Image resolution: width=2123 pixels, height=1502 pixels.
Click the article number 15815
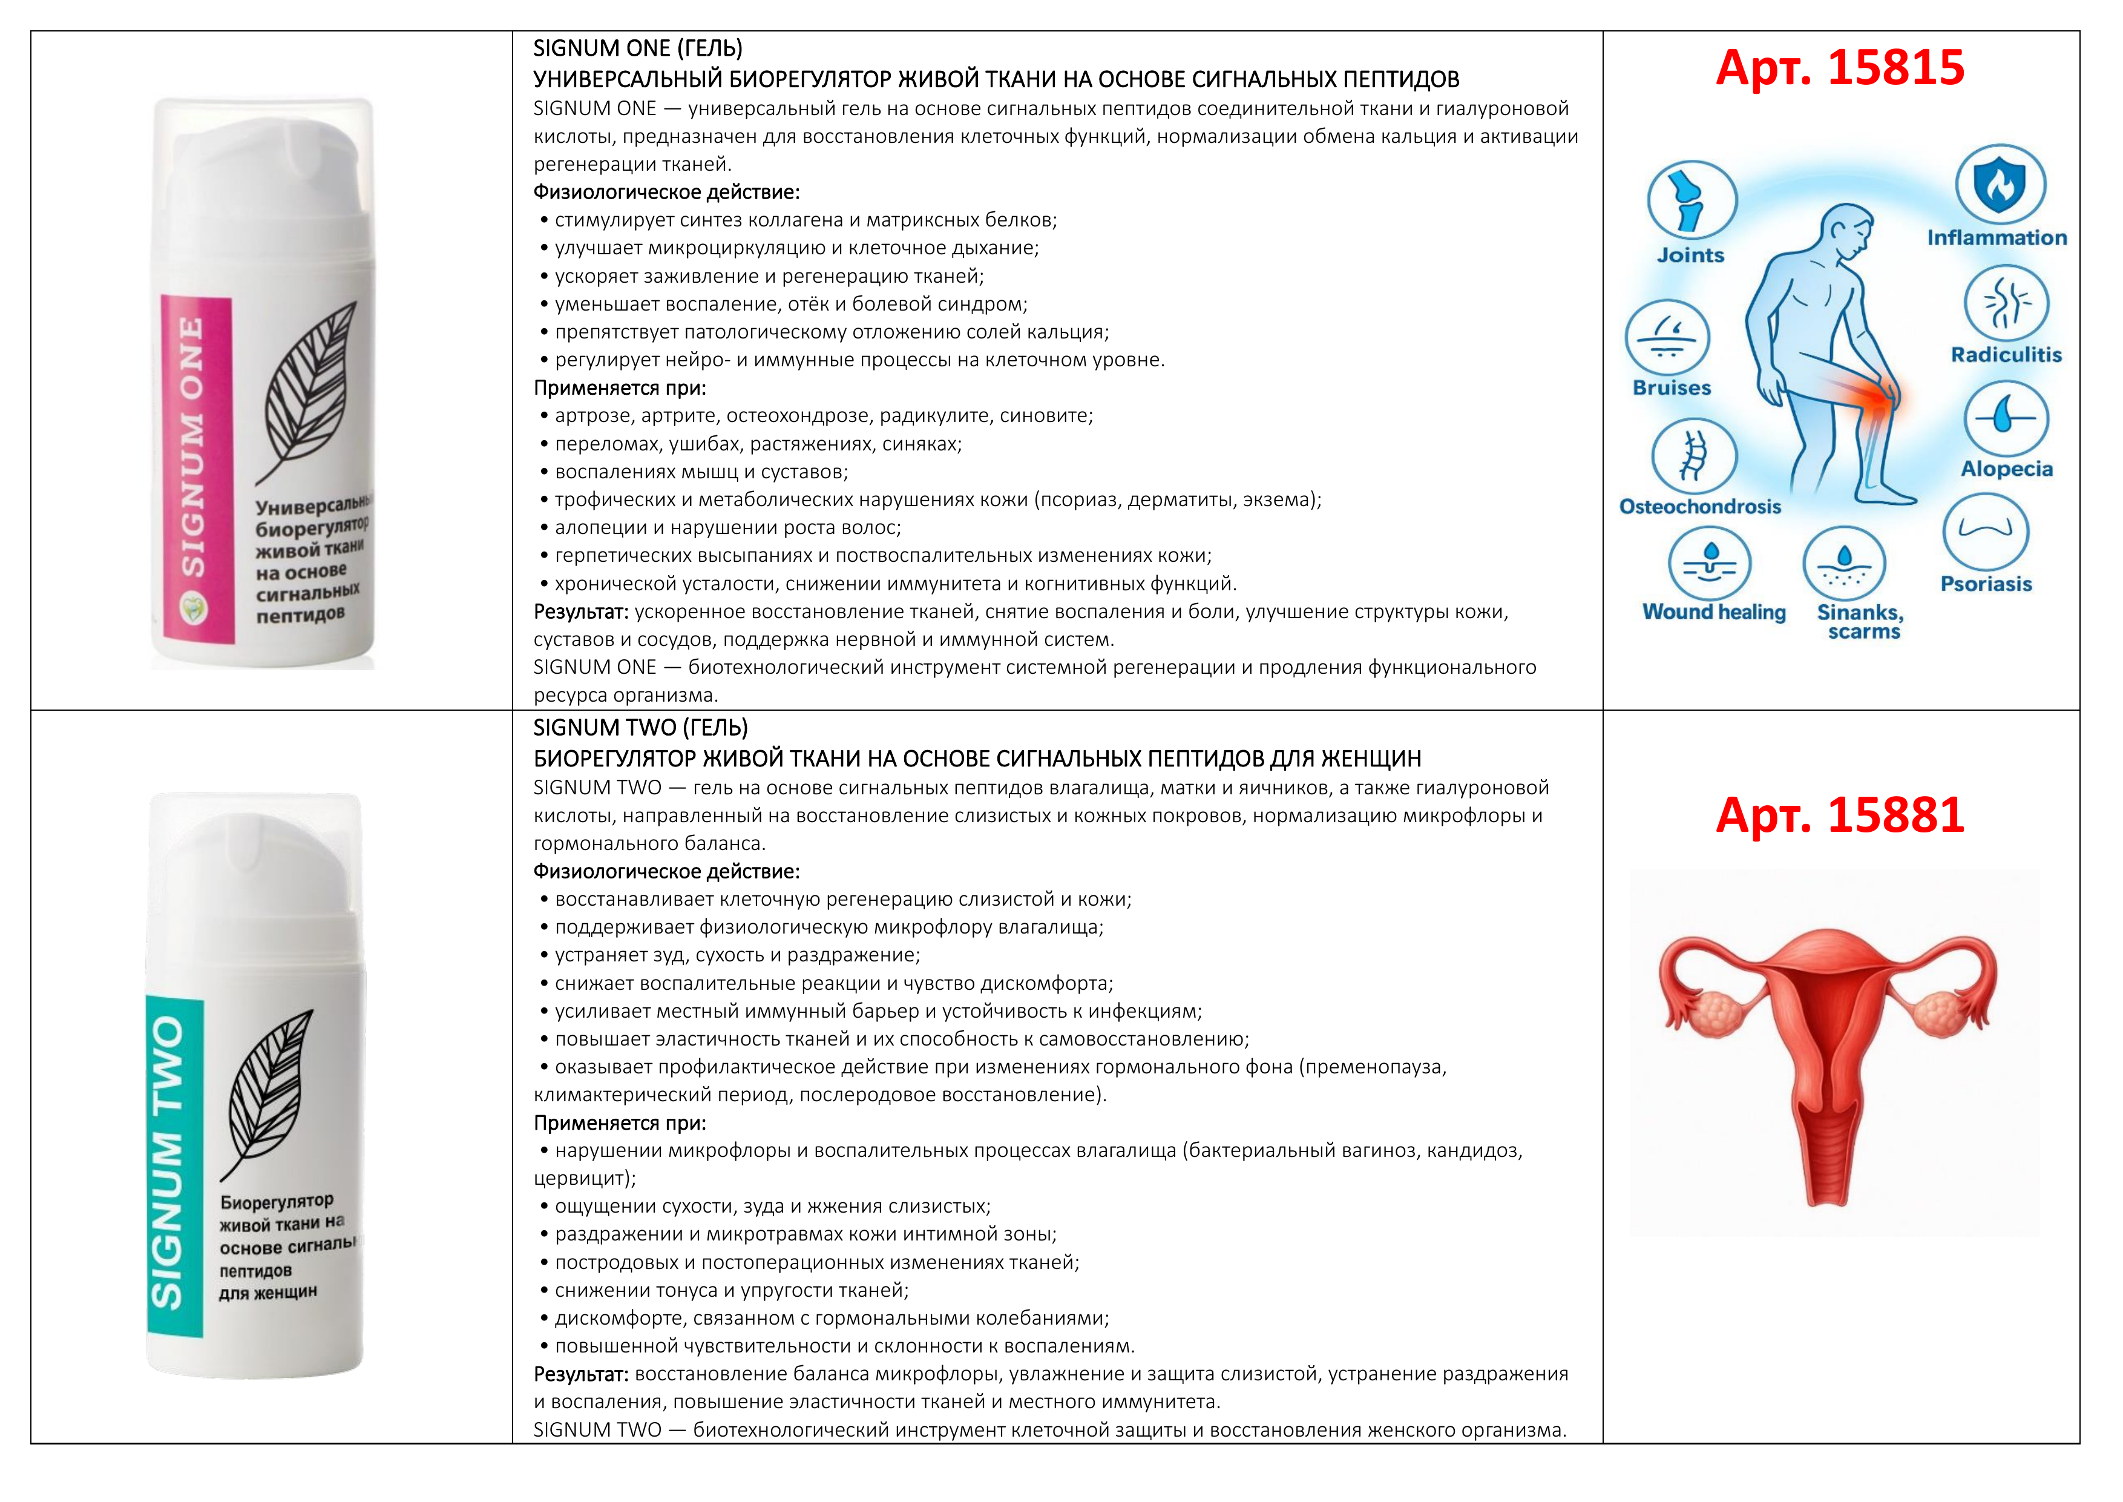[1839, 68]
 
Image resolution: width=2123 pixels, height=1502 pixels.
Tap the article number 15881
[1839, 815]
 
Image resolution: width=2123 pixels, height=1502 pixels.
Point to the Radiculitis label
[2006, 355]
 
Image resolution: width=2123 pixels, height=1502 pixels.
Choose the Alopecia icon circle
[2006, 419]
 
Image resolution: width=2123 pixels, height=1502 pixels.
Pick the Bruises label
[1672, 389]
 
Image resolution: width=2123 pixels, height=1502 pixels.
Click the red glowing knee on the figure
[1874, 400]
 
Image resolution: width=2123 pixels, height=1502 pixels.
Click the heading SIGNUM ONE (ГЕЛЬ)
[637, 48]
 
